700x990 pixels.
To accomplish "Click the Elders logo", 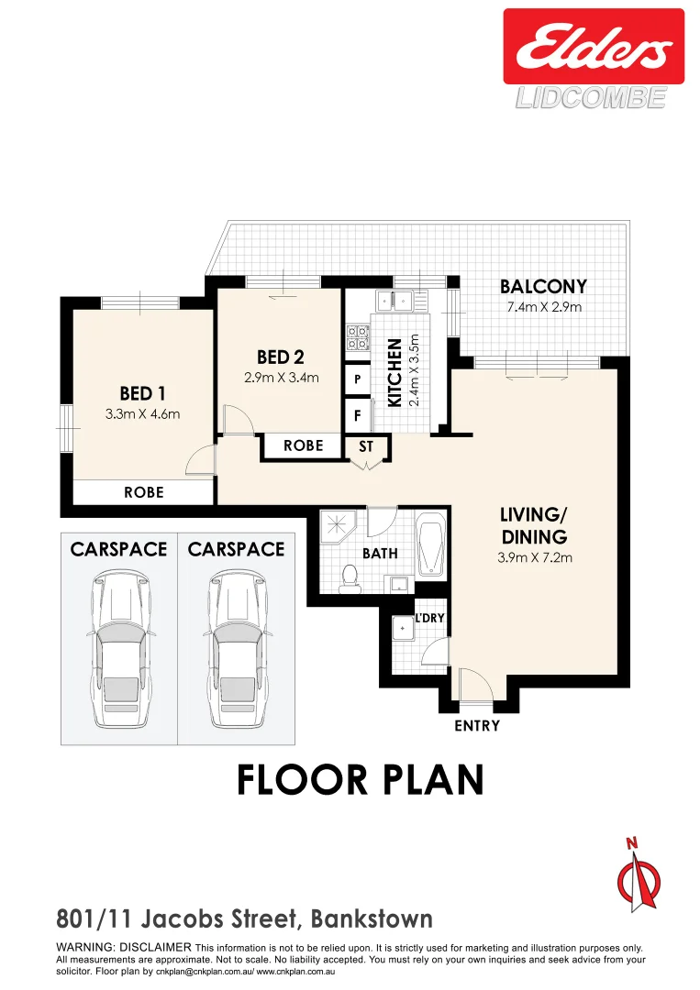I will tap(593, 46).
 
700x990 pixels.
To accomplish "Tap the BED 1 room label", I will tap(142, 394).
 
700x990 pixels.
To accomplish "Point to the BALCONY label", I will tap(543, 287).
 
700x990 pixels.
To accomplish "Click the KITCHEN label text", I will tap(394, 373).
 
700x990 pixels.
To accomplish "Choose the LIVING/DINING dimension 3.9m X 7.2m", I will tap(535, 556).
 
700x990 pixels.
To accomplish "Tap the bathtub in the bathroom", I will tap(429, 546).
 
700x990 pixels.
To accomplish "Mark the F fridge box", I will tap(357, 415).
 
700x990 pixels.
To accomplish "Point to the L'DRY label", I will tap(429, 619).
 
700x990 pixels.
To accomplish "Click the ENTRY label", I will tap(477, 726).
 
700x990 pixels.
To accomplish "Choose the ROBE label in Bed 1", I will tap(144, 492).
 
